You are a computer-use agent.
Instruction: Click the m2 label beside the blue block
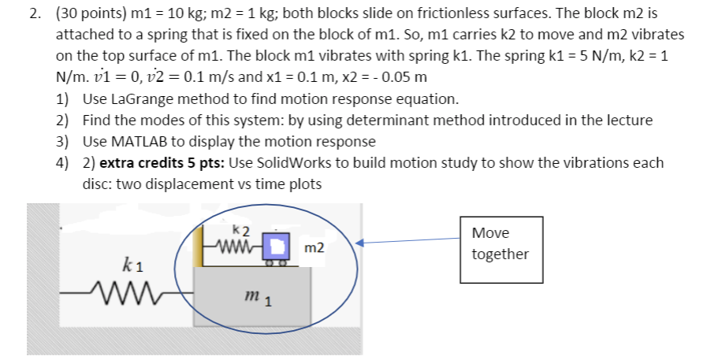(x=314, y=248)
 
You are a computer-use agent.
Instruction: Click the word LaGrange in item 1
(x=140, y=101)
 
